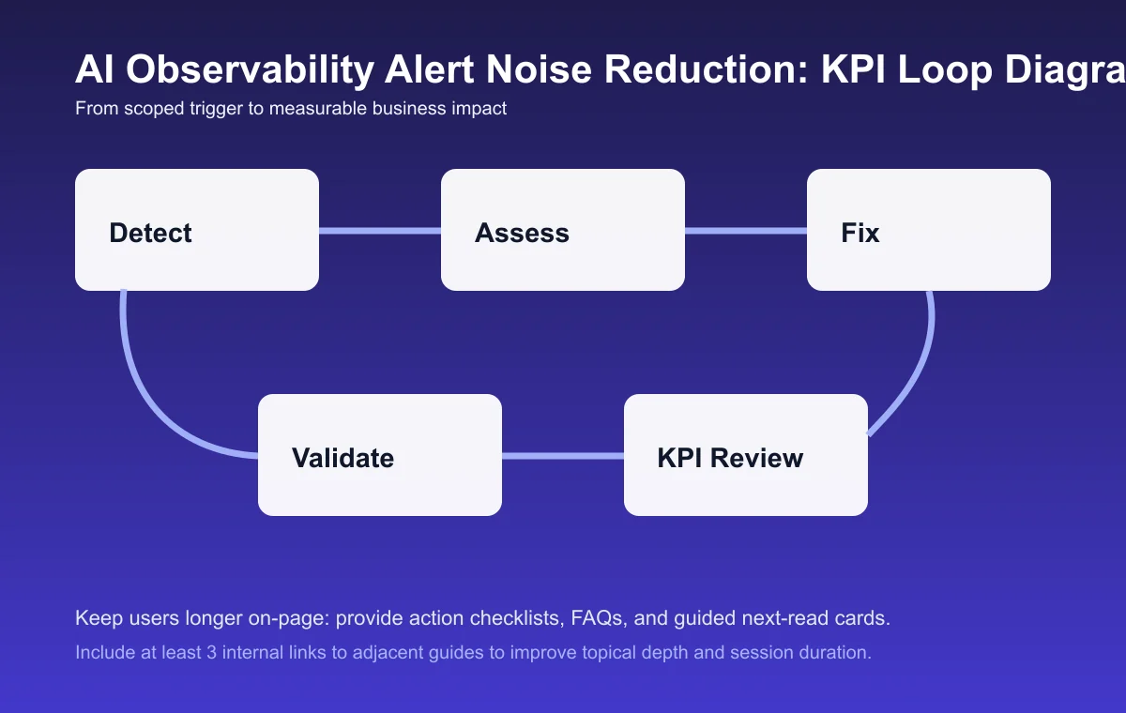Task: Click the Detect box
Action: click(197, 230)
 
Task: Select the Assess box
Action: click(563, 230)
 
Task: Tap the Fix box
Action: click(929, 230)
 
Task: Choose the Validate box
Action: click(380, 455)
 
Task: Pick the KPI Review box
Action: click(746, 455)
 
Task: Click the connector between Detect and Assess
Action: click(380, 231)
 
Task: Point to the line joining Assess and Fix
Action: click(746, 231)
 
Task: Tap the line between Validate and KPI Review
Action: click(563, 456)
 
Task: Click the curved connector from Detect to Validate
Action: click(150, 394)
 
